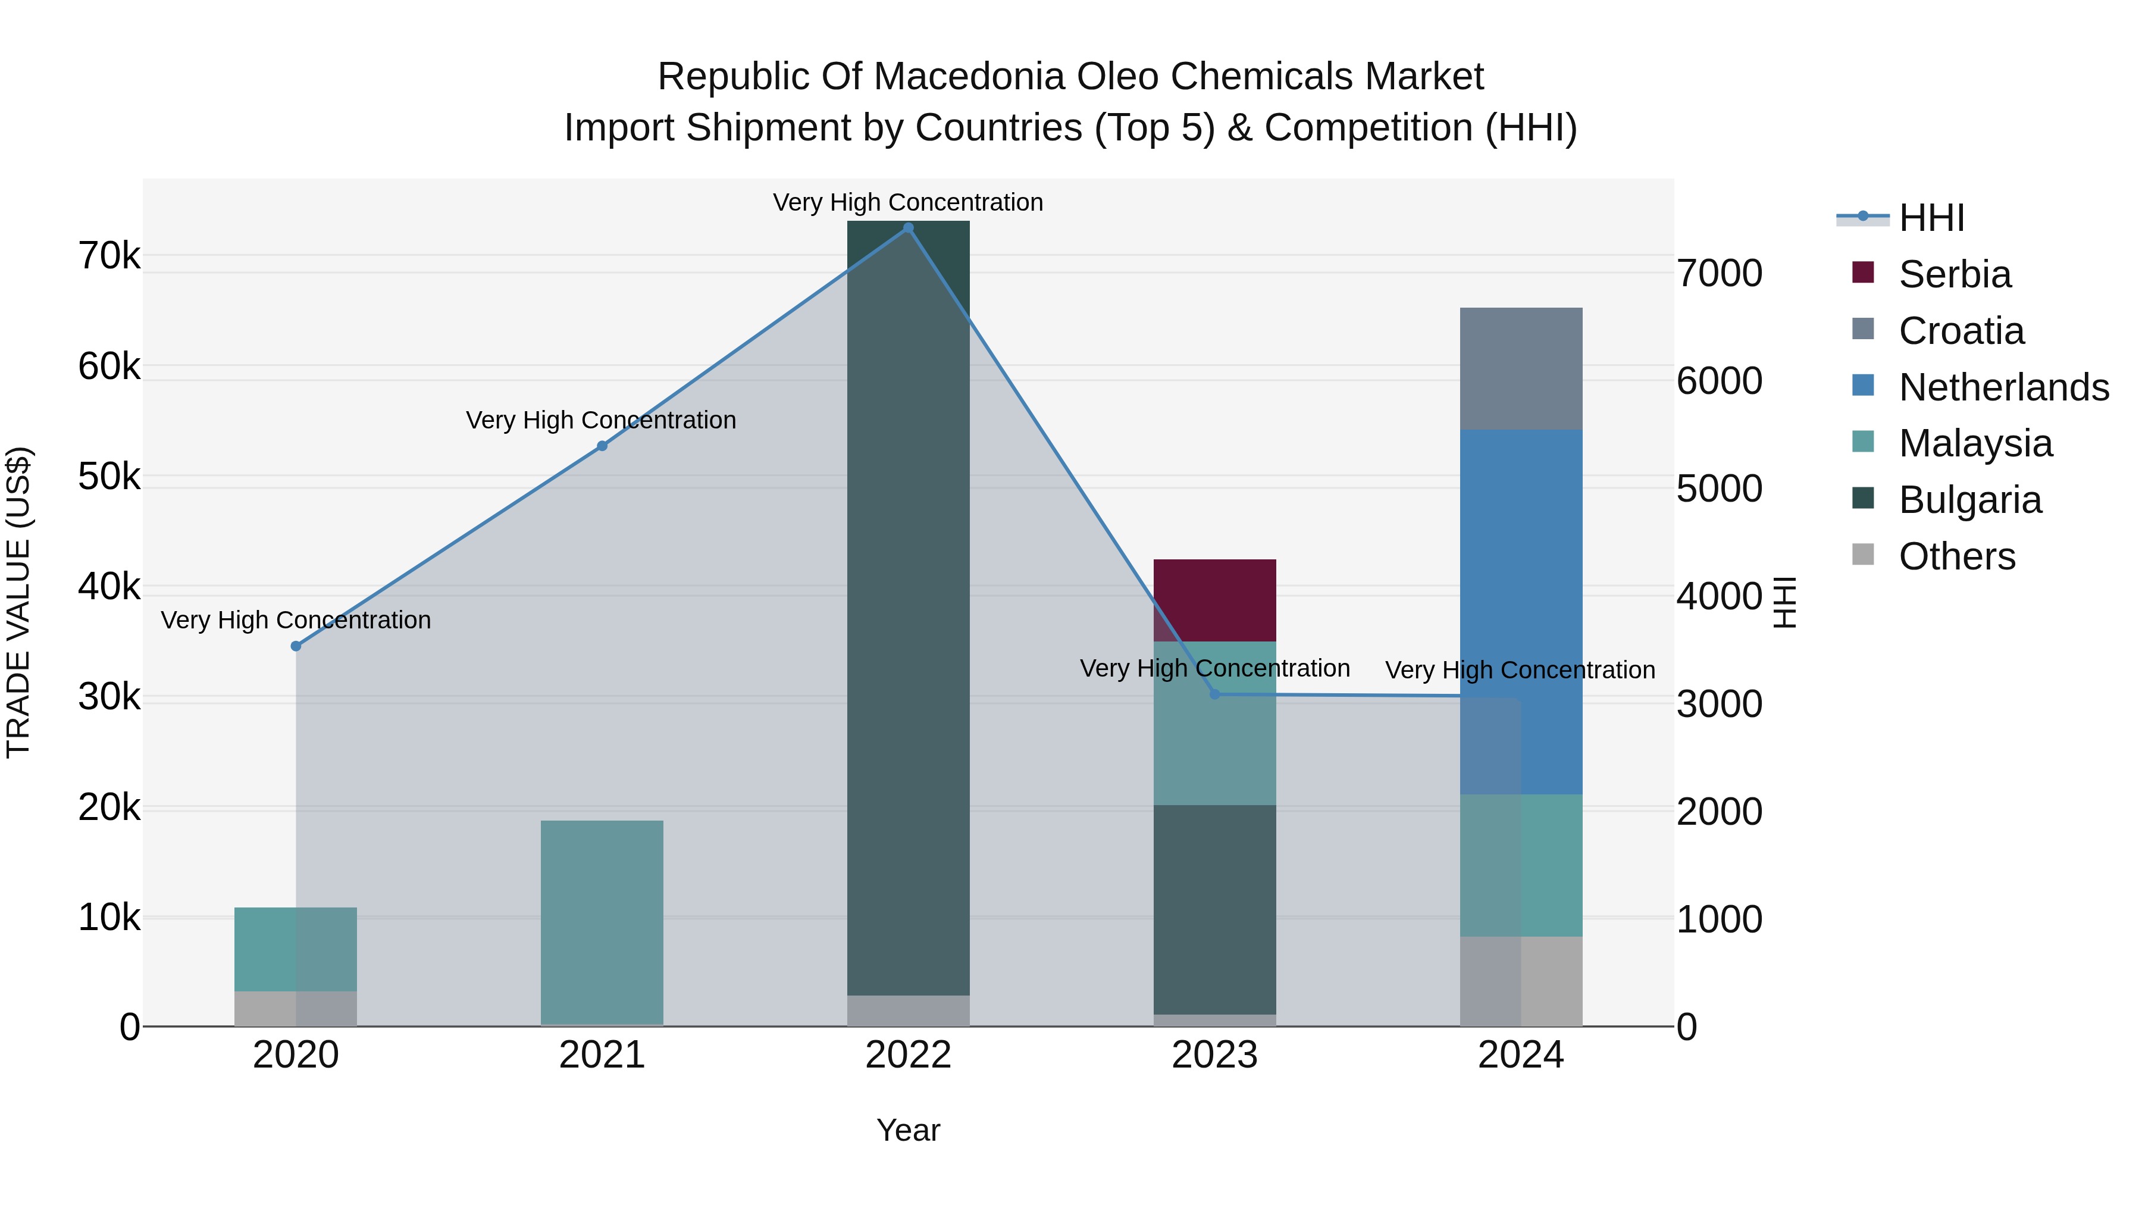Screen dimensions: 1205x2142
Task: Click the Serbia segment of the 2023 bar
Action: (x=1214, y=600)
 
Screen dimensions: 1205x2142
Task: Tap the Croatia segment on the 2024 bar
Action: (x=1521, y=368)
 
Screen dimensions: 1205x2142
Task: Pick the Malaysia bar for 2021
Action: (x=602, y=922)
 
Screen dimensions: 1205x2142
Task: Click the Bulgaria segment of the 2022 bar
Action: (x=908, y=607)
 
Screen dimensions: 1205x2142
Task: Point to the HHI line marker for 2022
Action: (x=908, y=228)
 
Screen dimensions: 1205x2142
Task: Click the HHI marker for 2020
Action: (x=296, y=646)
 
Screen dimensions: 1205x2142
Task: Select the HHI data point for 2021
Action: (x=602, y=446)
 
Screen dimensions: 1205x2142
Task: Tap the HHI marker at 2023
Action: (x=1214, y=694)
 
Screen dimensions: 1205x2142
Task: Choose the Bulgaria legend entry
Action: (x=1969, y=500)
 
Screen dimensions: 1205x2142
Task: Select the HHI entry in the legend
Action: (x=1931, y=218)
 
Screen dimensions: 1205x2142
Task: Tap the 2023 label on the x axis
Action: (x=1214, y=1055)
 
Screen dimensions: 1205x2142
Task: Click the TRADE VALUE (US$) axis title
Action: (x=18, y=602)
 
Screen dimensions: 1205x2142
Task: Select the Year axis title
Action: (x=908, y=1130)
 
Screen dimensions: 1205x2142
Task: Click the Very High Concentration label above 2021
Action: (x=600, y=421)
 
